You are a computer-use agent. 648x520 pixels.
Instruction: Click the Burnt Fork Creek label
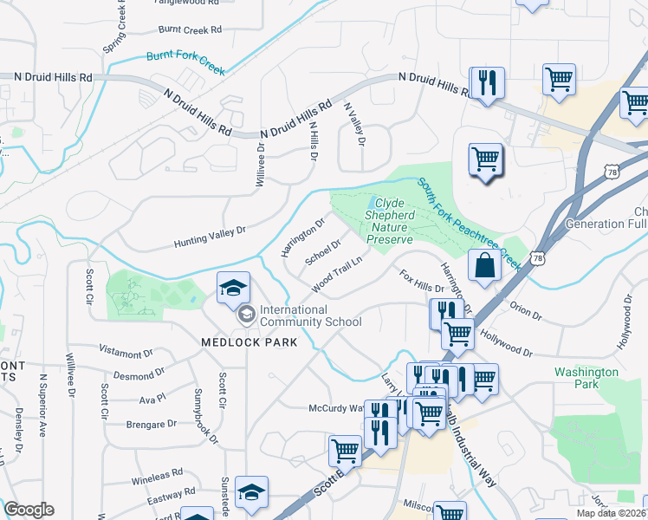pos(185,63)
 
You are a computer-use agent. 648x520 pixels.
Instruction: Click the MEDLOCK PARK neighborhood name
pos(249,342)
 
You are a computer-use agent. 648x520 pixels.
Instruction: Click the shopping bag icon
pos(484,265)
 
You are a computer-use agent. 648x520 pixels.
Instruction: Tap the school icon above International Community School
pos(233,288)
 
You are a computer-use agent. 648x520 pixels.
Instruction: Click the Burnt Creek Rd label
pos(190,29)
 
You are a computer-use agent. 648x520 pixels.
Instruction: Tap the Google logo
pos(29,509)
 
